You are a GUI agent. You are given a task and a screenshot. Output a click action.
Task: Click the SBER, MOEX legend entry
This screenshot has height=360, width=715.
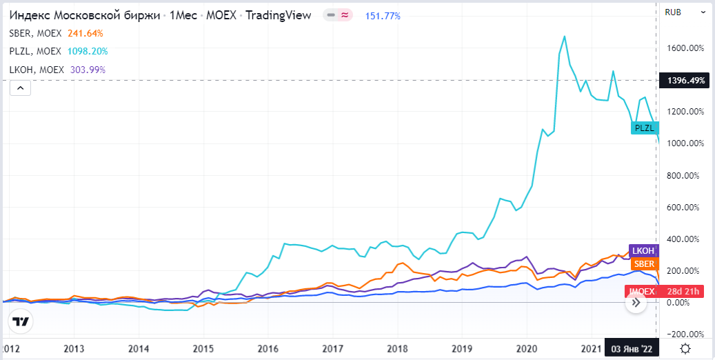coord(36,33)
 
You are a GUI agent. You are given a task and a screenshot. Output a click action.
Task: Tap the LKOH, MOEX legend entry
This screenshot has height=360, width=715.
coord(37,69)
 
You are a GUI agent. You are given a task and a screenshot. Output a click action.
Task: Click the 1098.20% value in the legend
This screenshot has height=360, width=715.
coord(88,51)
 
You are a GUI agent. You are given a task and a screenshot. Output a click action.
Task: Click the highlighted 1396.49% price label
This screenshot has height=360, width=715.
coord(684,81)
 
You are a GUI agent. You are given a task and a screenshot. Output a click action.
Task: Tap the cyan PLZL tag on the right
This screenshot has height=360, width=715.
coord(645,128)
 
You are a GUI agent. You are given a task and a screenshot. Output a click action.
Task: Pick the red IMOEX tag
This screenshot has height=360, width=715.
coord(641,291)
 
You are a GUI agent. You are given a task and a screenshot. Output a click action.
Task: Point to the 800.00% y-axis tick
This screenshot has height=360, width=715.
coord(686,175)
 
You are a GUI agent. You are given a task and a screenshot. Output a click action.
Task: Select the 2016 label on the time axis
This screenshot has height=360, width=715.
coord(268,348)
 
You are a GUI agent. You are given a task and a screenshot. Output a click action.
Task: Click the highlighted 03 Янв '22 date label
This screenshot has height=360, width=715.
coord(632,348)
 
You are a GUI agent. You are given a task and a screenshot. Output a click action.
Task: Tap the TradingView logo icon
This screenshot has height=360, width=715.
coord(21,321)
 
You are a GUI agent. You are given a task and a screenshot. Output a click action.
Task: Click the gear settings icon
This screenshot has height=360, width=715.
coord(685,348)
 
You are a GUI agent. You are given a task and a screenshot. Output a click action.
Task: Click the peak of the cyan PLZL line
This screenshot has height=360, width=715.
coord(565,36)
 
